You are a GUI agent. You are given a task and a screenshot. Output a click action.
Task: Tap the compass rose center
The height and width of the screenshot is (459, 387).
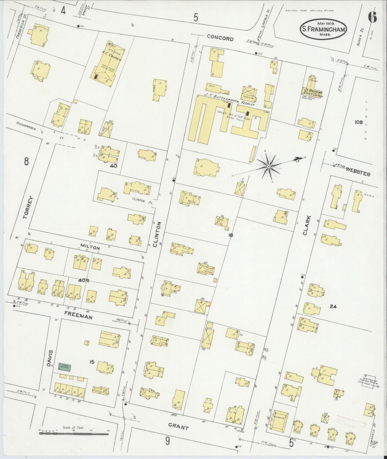(x=268, y=167)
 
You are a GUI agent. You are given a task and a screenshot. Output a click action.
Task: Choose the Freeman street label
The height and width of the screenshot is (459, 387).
(x=79, y=315)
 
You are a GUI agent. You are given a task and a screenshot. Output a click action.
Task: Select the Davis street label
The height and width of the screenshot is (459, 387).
(x=52, y=358)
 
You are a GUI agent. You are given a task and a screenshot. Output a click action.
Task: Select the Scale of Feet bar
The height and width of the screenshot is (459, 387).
(x=74, y=433)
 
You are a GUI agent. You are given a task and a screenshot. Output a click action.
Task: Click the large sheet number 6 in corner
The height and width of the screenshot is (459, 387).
(x=372, y=18)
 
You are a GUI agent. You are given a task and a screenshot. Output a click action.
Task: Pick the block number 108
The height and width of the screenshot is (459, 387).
(x=358, y=122)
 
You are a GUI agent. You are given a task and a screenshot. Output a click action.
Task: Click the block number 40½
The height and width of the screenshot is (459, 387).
(x=84, y=280)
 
